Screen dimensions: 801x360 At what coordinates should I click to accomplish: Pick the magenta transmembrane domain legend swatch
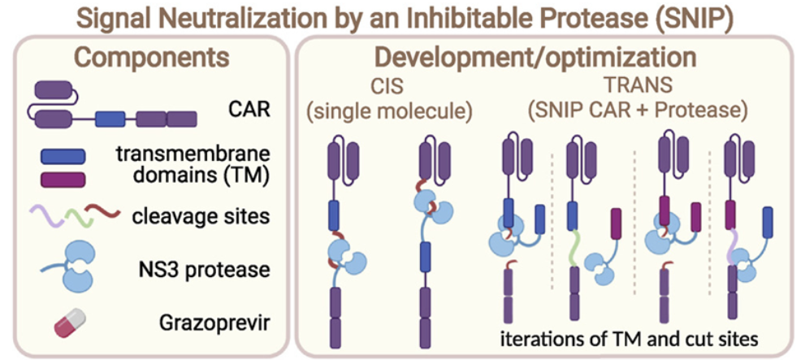[60, 180]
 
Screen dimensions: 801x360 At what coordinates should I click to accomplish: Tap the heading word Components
[149, 58]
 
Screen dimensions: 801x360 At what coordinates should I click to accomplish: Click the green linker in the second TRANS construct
[574, 249]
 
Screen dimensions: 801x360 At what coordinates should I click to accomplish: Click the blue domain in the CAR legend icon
[110, 119]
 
